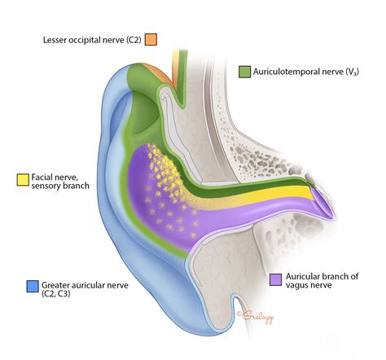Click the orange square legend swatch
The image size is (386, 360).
click(x=151, y=39)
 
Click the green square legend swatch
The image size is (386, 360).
click(x=244, y=72)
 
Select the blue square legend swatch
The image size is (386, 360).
click(x=33, y=286)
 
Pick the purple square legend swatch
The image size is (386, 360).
click(x=275, y=279)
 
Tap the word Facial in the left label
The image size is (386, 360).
click(x=44, y=177)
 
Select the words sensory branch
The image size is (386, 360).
click(x=63, y=187)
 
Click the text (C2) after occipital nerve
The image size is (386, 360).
click(x=129, y=39)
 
